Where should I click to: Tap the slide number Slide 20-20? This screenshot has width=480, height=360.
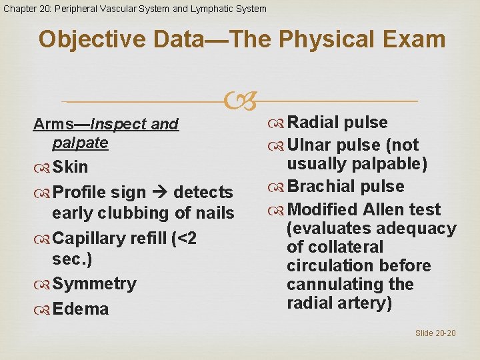(435, 333)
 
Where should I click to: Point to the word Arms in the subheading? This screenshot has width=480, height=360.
(53, 124)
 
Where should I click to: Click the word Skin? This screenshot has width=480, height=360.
(70, 166)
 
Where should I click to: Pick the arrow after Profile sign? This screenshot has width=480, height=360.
(160, 192)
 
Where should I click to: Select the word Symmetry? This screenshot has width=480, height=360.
(94, 283)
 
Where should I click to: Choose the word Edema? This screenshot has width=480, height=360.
(80, 309)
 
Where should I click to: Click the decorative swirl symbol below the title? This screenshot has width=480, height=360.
(239, 101)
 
